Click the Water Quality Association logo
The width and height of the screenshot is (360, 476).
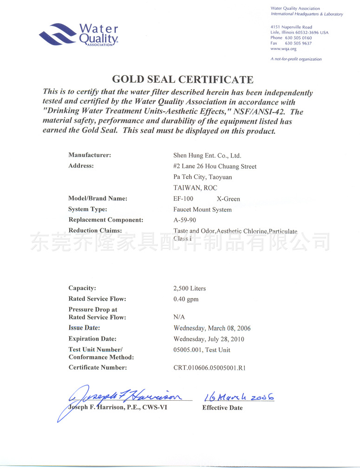[79, 35]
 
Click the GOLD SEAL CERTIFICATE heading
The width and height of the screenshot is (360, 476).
[183, 79]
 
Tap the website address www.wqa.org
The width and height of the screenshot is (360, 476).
[283, 49]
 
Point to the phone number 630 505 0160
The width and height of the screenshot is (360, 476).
[298, 38]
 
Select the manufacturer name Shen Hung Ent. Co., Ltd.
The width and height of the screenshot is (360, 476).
[207, 156]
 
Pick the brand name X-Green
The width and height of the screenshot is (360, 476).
[229, 199]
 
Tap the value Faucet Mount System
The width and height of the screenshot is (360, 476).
[202, 210]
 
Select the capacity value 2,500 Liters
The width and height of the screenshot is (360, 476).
[190, 289]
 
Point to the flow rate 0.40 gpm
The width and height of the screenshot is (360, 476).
[186, 299]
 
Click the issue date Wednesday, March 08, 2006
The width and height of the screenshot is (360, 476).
[212, 328]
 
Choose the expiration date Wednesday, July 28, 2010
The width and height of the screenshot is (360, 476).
[209, 339]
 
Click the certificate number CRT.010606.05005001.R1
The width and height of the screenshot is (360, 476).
[209, 368]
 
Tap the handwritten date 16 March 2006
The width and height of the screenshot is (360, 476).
[239, 397]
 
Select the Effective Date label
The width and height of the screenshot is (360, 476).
[222, 408]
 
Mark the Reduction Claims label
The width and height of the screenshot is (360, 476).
[95, 231]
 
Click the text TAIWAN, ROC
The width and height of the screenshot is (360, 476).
[195, 188]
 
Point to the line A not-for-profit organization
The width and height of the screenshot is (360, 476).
[296, 59]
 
